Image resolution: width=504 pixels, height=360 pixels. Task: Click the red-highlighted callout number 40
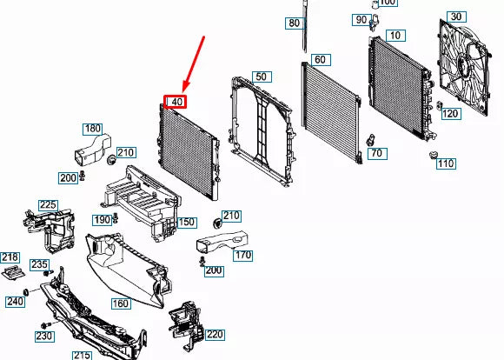pyautogui.click(x=176, y=102)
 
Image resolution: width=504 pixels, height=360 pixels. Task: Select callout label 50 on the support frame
pyautogui.click(x=260, y=77)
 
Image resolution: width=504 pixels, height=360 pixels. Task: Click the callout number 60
pyautogui.click(x=320, y=59)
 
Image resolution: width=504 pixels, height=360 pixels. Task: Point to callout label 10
pyautogui.click(x=395, y=35)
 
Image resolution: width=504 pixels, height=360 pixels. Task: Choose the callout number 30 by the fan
pyautogui.click(x=455, y=17)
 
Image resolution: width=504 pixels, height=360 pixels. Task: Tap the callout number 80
pyautogui.click(x=294, y=23)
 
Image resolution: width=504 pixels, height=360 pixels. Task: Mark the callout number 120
pyautogui.click(x=449, y=114)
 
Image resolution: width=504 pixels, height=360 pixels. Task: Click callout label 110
pyautogui.click(x=445, y=163)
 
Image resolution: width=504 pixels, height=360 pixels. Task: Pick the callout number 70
pyautogui.click(x=375, y=154)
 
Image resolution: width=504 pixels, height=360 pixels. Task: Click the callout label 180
pyautogui.click(x=92, y=129)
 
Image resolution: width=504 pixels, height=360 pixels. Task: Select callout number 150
pyautogui.click(x=186, y=223)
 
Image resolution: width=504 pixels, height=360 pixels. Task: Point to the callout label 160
pyautogui.click(x=120, y=303)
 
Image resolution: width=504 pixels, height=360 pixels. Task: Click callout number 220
pyautogui.click(x=215, y=334)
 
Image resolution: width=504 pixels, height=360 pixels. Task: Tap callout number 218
pyautogui.click(x=10, y=257)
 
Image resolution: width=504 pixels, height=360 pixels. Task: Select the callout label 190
pyautogui.click(x=103, y=219)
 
